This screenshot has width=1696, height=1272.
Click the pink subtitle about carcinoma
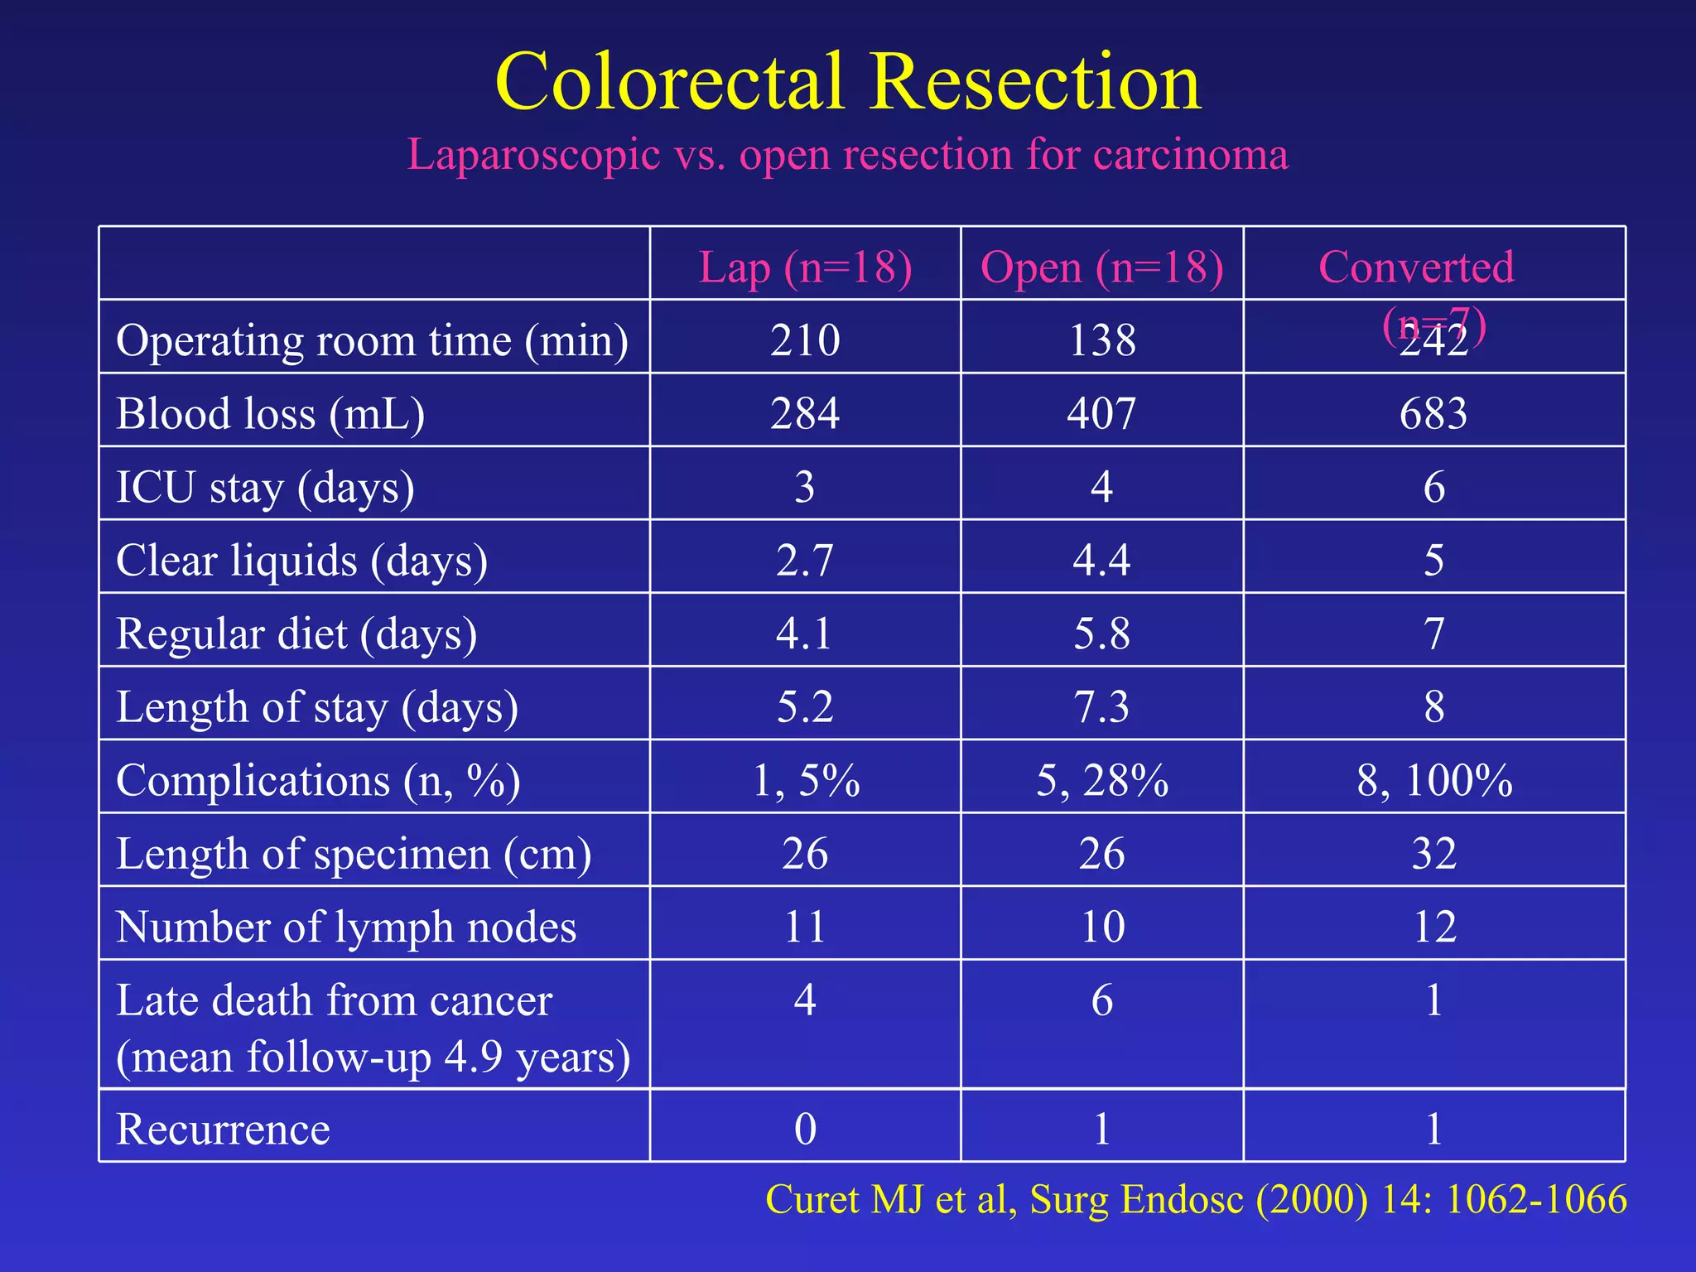click(847, 155)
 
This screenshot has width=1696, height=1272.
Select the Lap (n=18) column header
click(805, 267)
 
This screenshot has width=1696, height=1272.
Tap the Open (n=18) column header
click(1101, 267)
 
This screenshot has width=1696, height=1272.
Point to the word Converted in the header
click(1416, 267)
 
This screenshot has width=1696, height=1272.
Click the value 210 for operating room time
click(805, 340)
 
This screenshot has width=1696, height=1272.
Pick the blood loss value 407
click(1101, 413)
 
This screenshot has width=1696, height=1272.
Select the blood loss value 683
click(1433, 413)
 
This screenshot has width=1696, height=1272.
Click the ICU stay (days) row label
click(265, 487)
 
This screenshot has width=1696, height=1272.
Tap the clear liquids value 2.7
click(805, 561)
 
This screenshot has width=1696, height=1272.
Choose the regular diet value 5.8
click(1101, 634)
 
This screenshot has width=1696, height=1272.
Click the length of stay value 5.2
click(805, 707)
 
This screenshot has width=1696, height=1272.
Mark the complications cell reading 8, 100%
click(1433, 780)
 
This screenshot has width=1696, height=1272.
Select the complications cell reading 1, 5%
click(805, 780)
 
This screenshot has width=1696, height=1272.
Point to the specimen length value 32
click(1433, 854)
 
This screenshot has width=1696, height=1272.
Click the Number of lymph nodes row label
click(346, 927)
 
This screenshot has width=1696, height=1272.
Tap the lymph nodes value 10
click(1101, 927)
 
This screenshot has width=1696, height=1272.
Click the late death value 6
click(1101, 1000)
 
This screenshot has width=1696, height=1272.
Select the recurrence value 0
click(805, 1129)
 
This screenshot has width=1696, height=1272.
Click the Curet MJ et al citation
click(1195, 1199)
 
